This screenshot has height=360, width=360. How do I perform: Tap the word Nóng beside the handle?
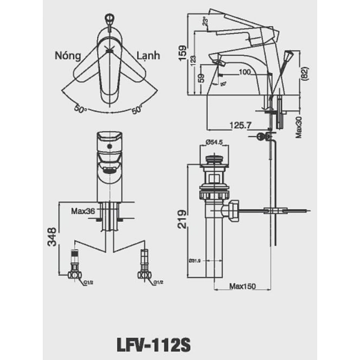(68, 55)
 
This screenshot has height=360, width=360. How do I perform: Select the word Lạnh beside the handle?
(148, 55)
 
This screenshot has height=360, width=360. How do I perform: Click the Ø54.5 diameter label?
(214, 142)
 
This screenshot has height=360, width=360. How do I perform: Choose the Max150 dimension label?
(243, 286)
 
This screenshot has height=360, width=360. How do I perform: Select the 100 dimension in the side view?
(245, 72)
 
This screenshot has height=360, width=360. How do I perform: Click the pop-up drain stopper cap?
(214, 158)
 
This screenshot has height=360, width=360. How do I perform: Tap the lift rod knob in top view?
(109, 18)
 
